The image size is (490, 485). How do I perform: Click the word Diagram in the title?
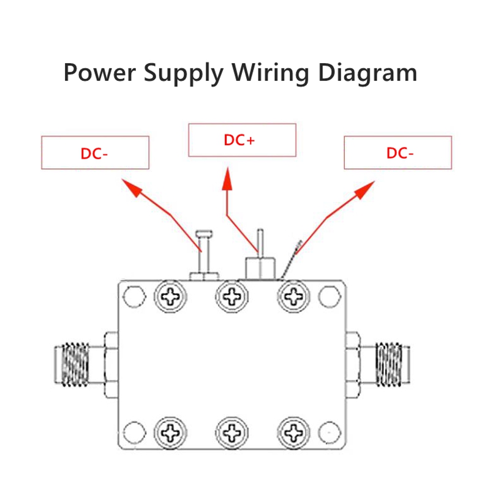click(367, 73)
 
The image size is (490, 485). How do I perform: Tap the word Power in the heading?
click(100, 73)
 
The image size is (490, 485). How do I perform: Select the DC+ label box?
click(242, 140)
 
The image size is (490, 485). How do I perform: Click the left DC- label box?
click(95, 153)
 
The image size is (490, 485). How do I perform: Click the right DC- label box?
click(398, 153)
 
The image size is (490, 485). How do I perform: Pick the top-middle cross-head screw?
click(232, 298)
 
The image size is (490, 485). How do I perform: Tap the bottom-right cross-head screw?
click(294, 433)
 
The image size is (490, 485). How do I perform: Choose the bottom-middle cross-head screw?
click(232, 433)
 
